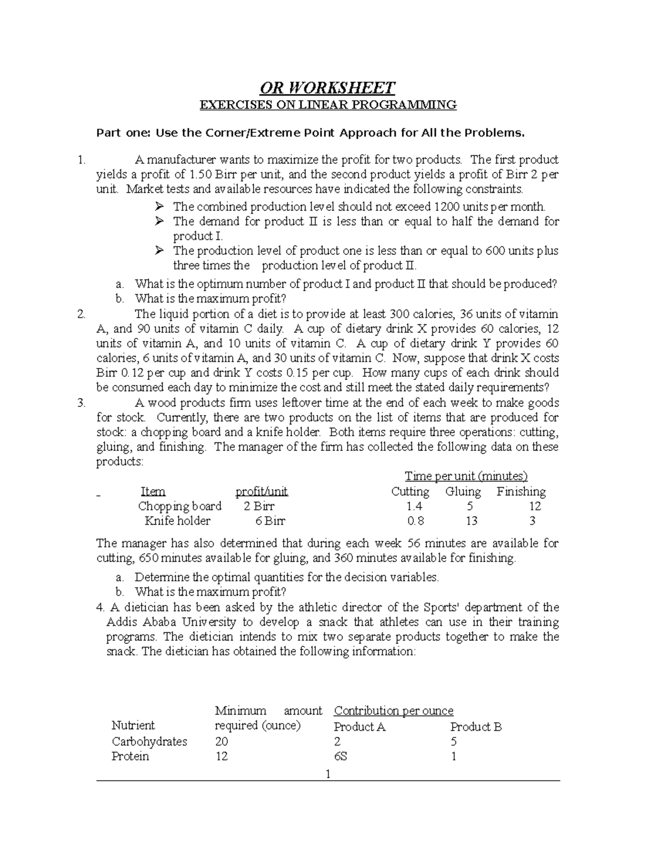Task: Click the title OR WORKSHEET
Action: [327, 87]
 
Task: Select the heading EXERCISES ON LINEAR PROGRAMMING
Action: [327, 105]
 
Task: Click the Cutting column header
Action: [410, 491]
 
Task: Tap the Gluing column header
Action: [463, 491]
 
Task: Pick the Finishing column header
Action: [521, 491]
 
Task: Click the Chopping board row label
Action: [180, 506]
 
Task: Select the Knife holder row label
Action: [177, 521]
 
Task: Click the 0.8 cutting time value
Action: [415, 521]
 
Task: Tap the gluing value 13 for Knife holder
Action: [471, 521]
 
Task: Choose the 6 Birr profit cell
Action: [270, 521]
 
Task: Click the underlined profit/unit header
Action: [261, 491]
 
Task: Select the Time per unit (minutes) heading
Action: [466, 476]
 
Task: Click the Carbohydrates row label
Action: [149, 741]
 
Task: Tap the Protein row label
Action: [130, 756]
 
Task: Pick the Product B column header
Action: [476, 727]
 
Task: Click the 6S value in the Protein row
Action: [341, 757]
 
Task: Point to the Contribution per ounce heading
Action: [394, 711]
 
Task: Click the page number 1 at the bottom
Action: [328, 774]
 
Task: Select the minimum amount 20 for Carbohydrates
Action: [221, 741]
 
